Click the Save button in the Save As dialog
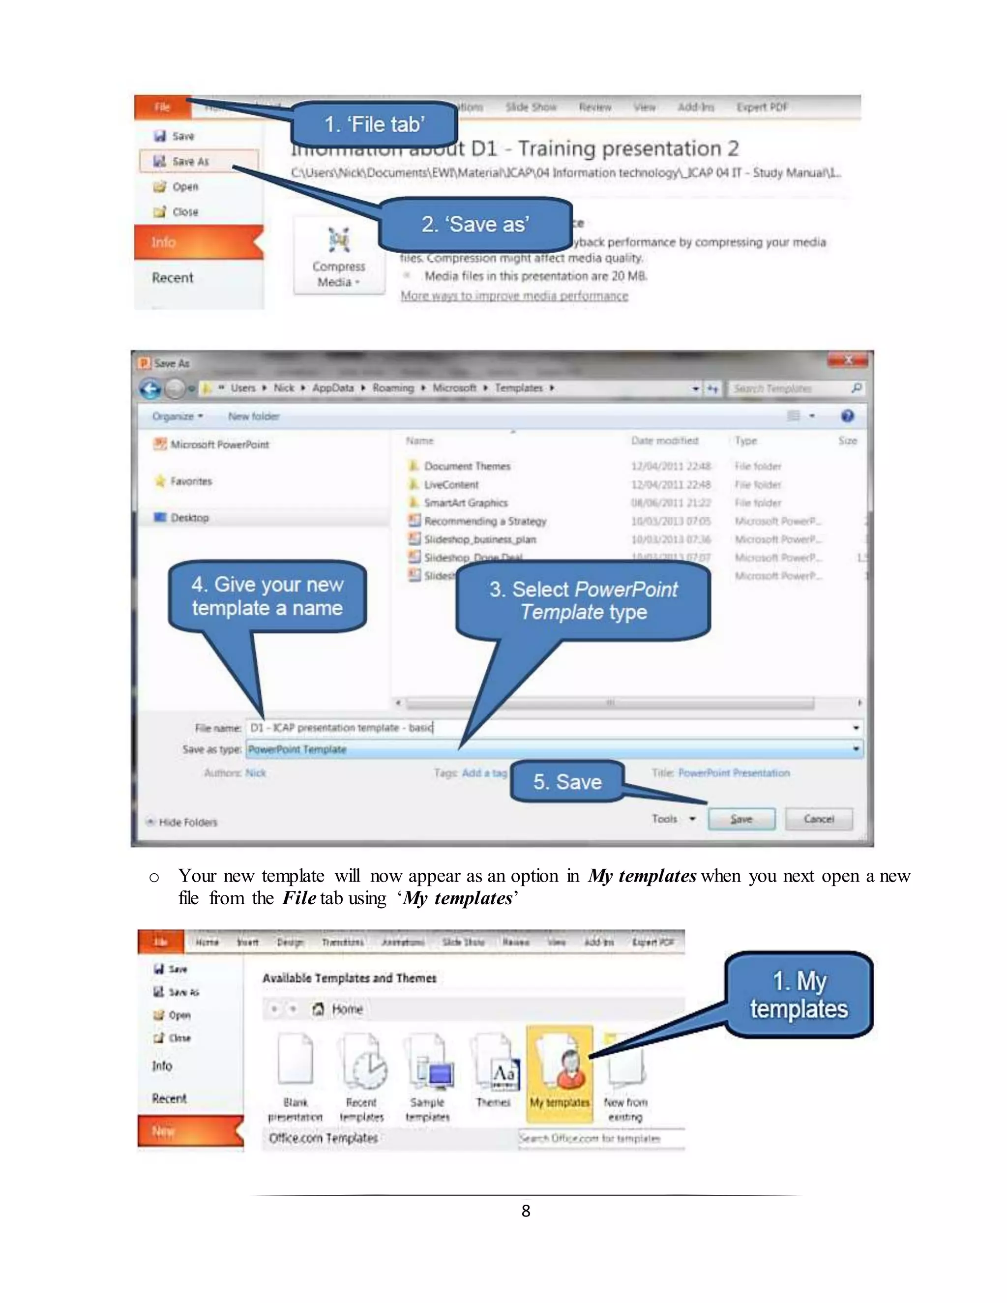(x=741, y=819)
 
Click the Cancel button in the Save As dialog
(x=819, y=819)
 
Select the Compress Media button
(x=338, y=256)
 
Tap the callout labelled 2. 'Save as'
(x=475, y=224)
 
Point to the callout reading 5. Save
(x=567, y=782)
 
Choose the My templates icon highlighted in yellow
(x=559, y=1068)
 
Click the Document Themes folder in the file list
(x=467, y=466)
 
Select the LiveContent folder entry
(x=450, y=484)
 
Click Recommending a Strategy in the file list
(x=484, y=521)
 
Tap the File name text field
(x=549, y=727)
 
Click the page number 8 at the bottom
(x=526, y=1211)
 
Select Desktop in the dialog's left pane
(x=189, y=517)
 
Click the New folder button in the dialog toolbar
(x=254, y=416)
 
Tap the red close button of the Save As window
(x=848, y=360)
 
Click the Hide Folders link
(x=187, y=822)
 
